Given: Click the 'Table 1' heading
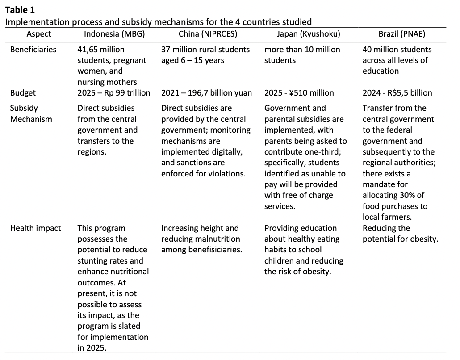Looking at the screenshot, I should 20,10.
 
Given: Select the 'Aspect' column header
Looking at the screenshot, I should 39,34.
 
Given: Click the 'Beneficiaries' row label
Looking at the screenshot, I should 33,49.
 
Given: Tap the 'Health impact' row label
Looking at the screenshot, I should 36,228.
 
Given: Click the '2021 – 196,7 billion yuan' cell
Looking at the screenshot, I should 206,93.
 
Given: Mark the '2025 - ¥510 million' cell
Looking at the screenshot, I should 299,93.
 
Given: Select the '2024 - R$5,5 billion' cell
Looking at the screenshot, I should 397,93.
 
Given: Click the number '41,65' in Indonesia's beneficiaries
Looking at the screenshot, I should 88,49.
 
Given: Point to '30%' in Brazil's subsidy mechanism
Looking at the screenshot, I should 409,195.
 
